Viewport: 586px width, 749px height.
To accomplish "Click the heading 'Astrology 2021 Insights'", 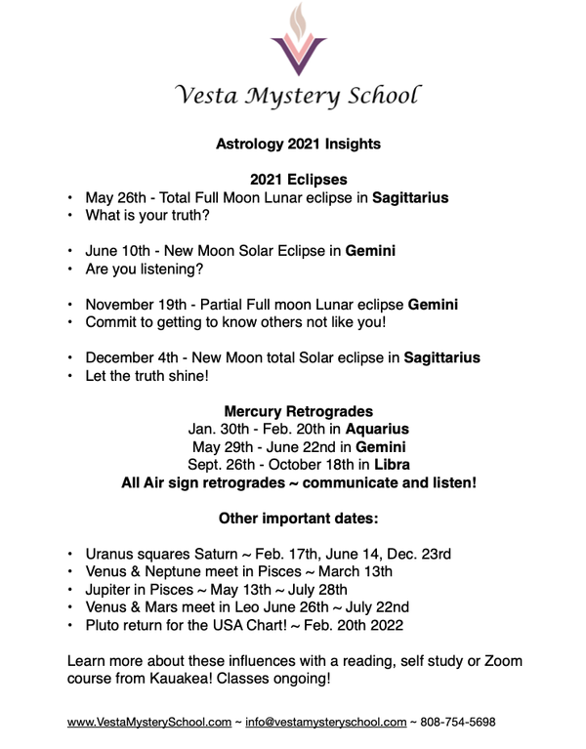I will [298, 145].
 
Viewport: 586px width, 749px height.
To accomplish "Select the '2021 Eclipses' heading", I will [298, 180].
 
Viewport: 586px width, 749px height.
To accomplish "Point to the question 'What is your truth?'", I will [147, 215].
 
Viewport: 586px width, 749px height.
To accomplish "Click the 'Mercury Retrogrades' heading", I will [298, 411].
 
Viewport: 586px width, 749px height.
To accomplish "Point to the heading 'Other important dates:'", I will [298, 518].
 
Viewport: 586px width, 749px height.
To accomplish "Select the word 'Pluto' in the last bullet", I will [104, 625].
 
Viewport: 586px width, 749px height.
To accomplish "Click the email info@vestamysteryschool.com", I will [325, 723].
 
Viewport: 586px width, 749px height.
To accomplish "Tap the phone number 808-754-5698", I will [458, 723].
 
